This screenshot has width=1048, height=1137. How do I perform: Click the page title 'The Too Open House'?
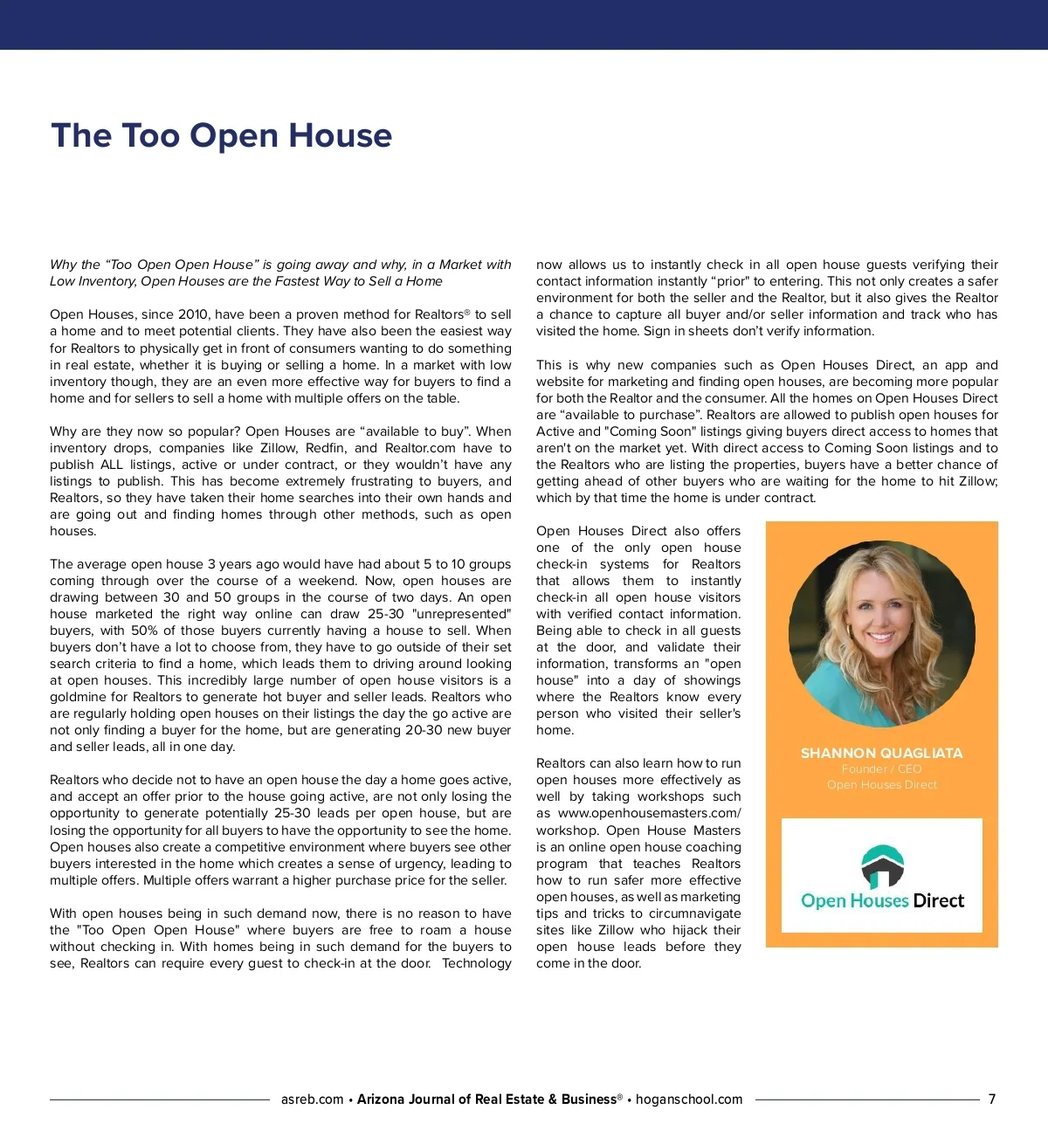(222, 136)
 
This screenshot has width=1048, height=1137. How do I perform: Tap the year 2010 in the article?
(193, 314)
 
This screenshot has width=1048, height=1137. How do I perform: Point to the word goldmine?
(78, 697)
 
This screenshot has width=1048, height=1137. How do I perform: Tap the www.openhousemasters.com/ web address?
(649, 813)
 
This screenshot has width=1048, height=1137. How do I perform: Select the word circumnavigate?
(695, 913)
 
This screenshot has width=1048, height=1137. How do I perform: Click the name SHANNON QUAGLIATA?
(881, 753)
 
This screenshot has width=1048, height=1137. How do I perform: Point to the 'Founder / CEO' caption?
(881, 769)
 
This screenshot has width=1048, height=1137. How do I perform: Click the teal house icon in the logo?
(882, 865)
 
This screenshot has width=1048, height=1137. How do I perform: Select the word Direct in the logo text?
(938, 901)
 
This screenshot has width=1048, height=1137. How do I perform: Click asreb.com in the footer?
(312, 1099)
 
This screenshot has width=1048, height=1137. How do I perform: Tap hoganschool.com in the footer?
(689, 1099)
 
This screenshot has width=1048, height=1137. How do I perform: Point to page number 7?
(992, 1099)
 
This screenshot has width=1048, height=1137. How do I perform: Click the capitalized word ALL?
(111, 465)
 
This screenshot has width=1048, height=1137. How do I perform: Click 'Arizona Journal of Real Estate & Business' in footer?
(486, 1099)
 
